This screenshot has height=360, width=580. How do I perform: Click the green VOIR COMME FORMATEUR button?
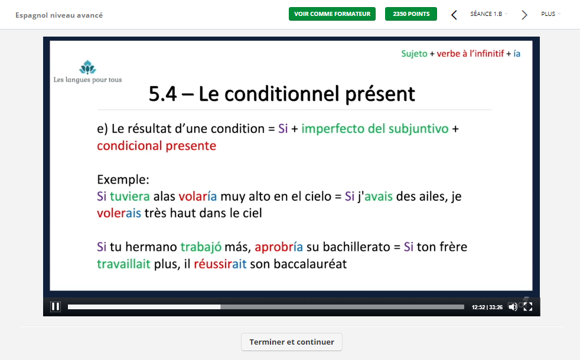[332, 14]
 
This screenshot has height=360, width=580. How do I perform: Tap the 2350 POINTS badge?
[411, 14]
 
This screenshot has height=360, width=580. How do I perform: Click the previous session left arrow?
[454, 15]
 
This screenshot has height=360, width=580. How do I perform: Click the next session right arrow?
[524, 15]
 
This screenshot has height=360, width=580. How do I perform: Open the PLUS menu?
[550, 14]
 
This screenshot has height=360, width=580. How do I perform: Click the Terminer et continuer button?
[292, 342]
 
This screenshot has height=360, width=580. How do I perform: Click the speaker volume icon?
[513, 307]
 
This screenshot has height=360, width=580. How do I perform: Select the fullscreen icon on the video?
[528, 307]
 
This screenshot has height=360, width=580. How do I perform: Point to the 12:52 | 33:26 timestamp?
[487, 307]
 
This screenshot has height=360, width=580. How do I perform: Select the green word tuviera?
[130, 197]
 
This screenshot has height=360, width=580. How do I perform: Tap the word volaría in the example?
[197, 197]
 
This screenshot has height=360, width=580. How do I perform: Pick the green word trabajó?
[201, 247]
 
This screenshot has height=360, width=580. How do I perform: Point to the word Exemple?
[123, 179]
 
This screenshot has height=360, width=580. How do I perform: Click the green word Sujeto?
[414, 54]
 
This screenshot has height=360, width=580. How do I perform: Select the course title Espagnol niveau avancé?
[59, 15]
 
